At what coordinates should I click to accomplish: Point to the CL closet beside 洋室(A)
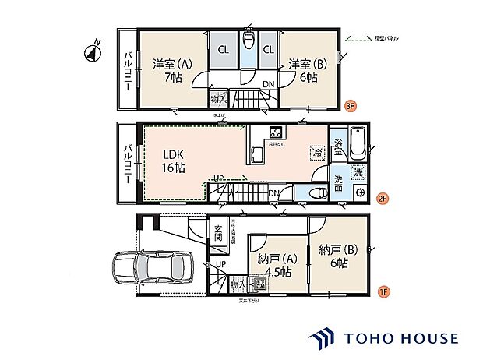coord(224,49)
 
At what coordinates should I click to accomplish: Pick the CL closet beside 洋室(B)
coord(268,49)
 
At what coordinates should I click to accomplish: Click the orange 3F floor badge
coord(351,106)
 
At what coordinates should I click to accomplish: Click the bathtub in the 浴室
coord(358,142)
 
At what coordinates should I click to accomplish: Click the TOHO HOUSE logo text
coord(397,338)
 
